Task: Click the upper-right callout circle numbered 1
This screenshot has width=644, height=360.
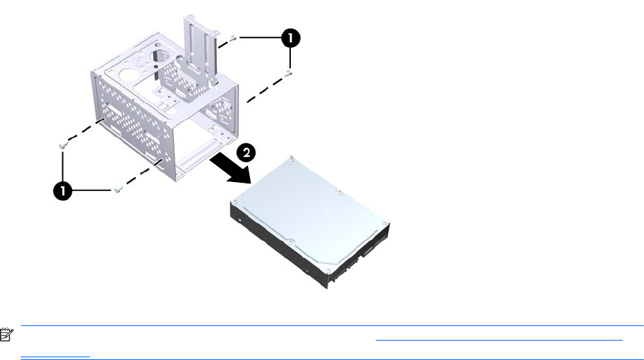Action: tap(291, 38)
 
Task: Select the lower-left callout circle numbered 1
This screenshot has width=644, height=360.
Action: tap(63, 191)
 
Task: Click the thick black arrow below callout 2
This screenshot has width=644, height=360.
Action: tap(228, 169)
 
